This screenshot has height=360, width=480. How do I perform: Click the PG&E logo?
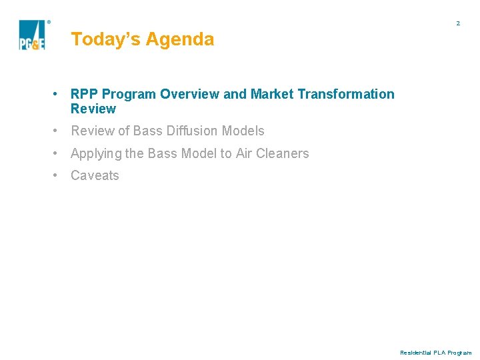pyautogui.click(x=31, y=35)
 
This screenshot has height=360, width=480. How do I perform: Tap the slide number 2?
pyautogui.click(x=458, y=23)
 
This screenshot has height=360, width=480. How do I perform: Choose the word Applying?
pyautogui.click(x=96, y=153)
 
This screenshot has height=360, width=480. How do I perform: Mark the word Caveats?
pyautogui.click(x=95, y=175)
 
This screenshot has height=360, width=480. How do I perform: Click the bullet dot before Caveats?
pyautogui.click(x=59, y=175)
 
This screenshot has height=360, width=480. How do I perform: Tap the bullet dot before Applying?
pyautogui.click(x=59, y=153)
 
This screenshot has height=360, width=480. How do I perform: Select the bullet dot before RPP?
pyautogui.click(x=59, y=94)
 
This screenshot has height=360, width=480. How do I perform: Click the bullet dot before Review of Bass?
pyautogui.click(x=59, y=131)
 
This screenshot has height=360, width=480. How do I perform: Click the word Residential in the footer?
pyautogui.click(x=416, y=353)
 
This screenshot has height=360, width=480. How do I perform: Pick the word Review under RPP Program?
pyautogui.click(x=93, y=109)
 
